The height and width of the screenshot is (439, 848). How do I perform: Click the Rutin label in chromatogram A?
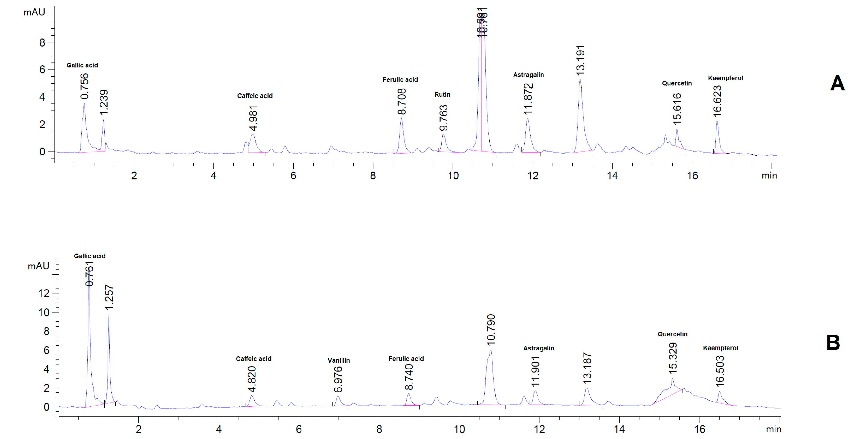[x=442, y=95]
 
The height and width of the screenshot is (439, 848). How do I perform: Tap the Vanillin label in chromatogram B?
[x=338, y=360]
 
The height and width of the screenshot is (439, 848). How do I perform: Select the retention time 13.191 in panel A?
[x=580, y=60]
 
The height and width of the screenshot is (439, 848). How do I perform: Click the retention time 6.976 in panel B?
[x=338, y=380]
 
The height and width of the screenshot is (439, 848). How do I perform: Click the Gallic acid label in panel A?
[x=82, y=65]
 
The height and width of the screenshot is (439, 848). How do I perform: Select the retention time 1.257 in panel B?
[x=109, y=297]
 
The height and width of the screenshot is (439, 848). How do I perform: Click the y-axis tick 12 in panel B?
[x=44, y=293]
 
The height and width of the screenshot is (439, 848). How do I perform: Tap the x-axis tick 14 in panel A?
[x=612, y=176]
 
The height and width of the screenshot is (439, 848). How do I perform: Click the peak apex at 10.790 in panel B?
[x=491, y=350]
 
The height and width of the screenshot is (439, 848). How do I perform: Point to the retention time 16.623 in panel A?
[x=717, y=101]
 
